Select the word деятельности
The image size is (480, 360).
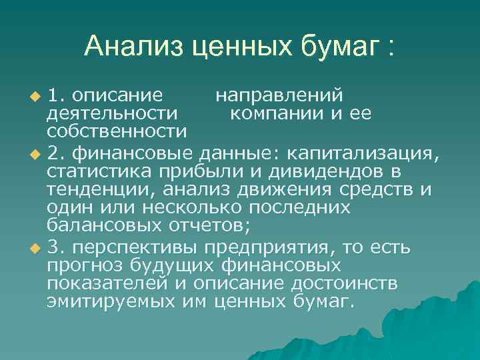pyautogui.click(x=112, y=113)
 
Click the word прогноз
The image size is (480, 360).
pyautogui.click(x=79, y=266)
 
